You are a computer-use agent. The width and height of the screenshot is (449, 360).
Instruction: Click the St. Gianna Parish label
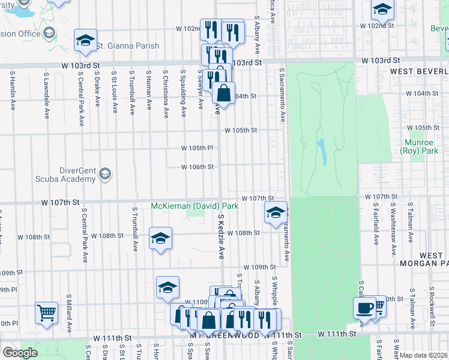127,46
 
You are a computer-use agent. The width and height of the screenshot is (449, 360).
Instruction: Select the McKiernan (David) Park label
195,206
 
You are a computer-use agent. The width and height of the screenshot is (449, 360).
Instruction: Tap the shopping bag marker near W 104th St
223,93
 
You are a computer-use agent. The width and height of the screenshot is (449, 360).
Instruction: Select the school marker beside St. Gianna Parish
85,40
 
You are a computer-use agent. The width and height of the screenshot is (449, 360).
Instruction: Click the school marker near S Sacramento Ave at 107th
276,213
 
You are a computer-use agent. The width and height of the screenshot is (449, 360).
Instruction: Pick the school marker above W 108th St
160,238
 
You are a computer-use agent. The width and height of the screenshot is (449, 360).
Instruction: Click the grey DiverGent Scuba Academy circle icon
105,174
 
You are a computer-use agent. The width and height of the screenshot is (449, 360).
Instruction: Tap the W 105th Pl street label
197,148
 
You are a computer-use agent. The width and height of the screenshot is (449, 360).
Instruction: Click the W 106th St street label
197,167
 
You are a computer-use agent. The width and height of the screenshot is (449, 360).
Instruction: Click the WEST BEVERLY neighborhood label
418,71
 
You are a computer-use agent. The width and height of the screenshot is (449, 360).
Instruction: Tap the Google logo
20,352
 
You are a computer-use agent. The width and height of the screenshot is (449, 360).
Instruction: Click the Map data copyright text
424,355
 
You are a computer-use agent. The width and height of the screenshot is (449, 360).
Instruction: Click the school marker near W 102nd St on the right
382,9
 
